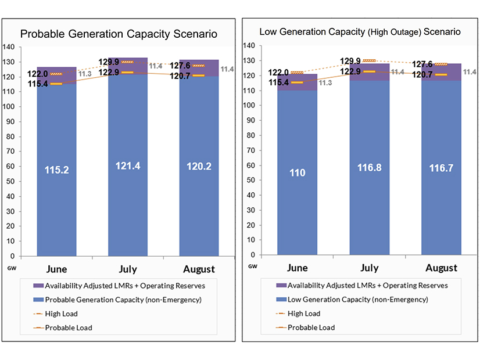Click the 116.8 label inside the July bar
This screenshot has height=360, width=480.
[x=369, y=167]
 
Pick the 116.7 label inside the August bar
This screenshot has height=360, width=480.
[x=440, y=167]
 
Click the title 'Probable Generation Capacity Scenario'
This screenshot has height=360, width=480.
[x=119, y=34]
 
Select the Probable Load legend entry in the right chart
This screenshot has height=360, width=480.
[x=311, y=327]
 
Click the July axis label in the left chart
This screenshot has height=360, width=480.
[x=127, y=269]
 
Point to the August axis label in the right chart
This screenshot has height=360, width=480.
[x=440, y=268]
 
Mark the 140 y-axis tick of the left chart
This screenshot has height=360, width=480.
[x=10, y=46]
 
